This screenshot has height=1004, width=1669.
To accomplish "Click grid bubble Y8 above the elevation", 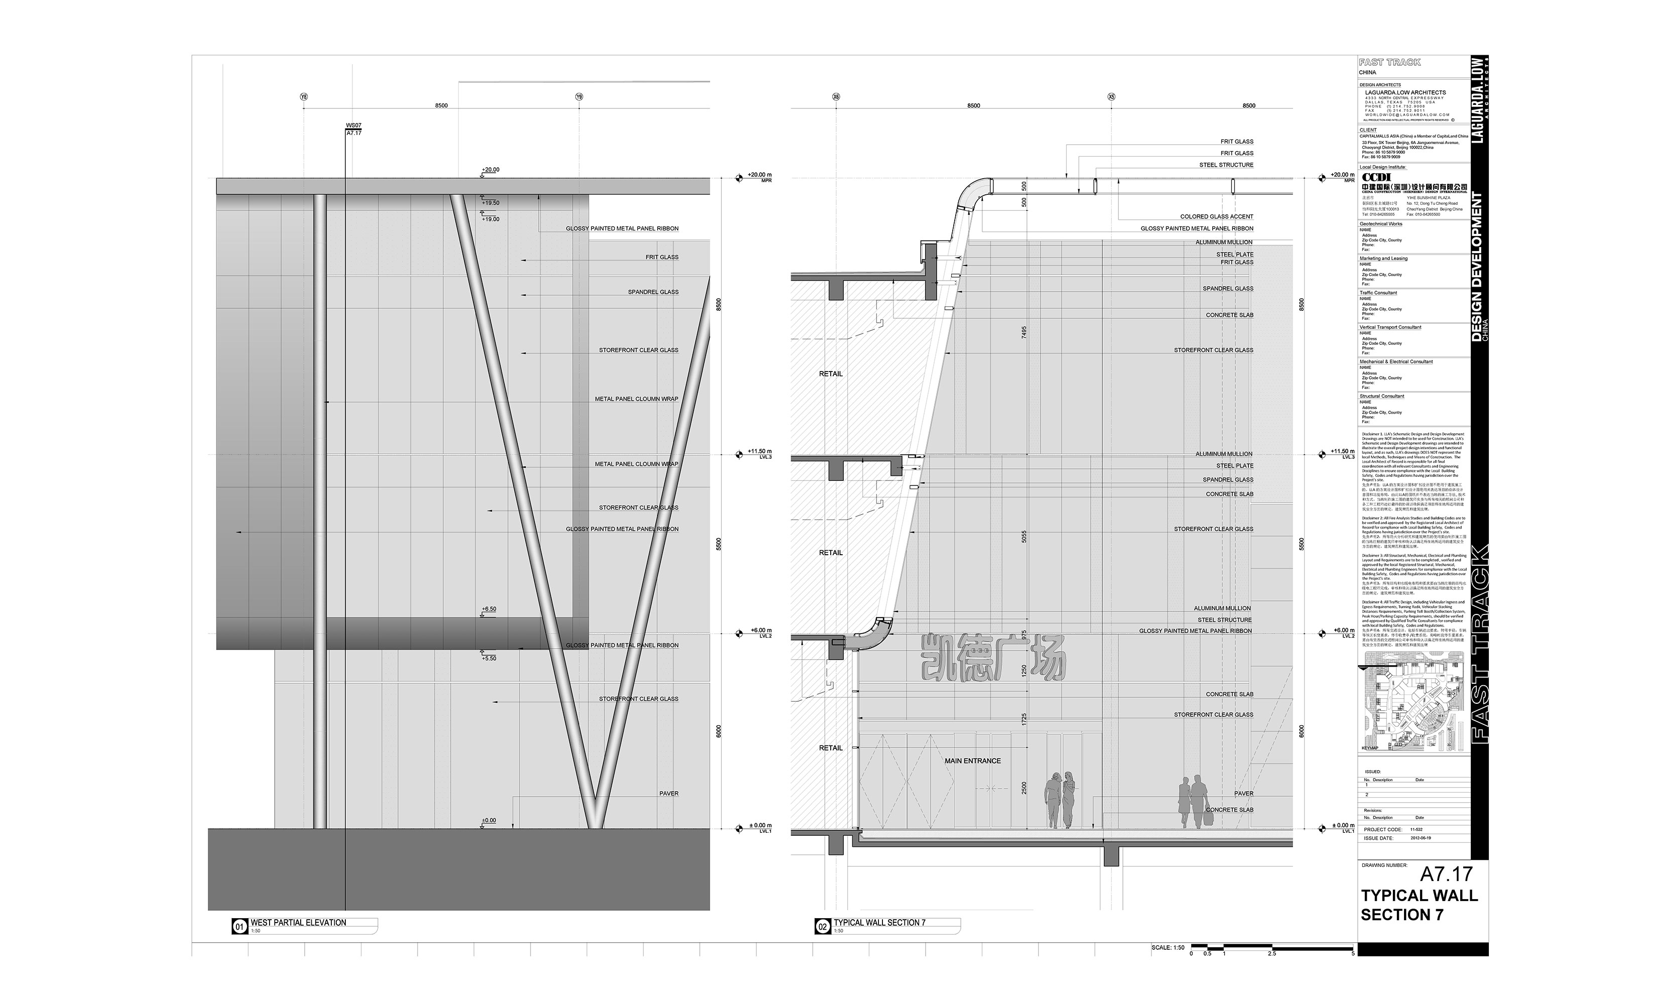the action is [x=304, y=97].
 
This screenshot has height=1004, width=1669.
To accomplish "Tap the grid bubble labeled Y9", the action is [x=579, y=97].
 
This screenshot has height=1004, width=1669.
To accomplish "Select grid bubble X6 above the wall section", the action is [x=836, y=97].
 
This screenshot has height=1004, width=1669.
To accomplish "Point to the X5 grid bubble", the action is [x=1111, y=97].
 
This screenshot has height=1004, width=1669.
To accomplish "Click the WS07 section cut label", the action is [x=353, y=126].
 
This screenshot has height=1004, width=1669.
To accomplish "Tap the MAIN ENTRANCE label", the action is [x=972, y=761].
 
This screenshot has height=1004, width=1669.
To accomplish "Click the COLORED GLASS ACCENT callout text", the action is [x=1216, y=216].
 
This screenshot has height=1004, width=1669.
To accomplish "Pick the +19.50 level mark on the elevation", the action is [x=490, y=203].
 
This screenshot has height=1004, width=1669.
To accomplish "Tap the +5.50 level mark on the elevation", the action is [x=488, y=658].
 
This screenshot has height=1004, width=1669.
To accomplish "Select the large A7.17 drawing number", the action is [x=1446, y=874].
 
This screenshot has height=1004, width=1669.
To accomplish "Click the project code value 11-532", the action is [x=1416, y=829].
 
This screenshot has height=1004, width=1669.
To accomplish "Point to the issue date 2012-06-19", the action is [x=1420, y=838].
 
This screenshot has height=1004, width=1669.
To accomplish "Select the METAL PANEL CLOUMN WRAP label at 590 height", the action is [x=636, y=399].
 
